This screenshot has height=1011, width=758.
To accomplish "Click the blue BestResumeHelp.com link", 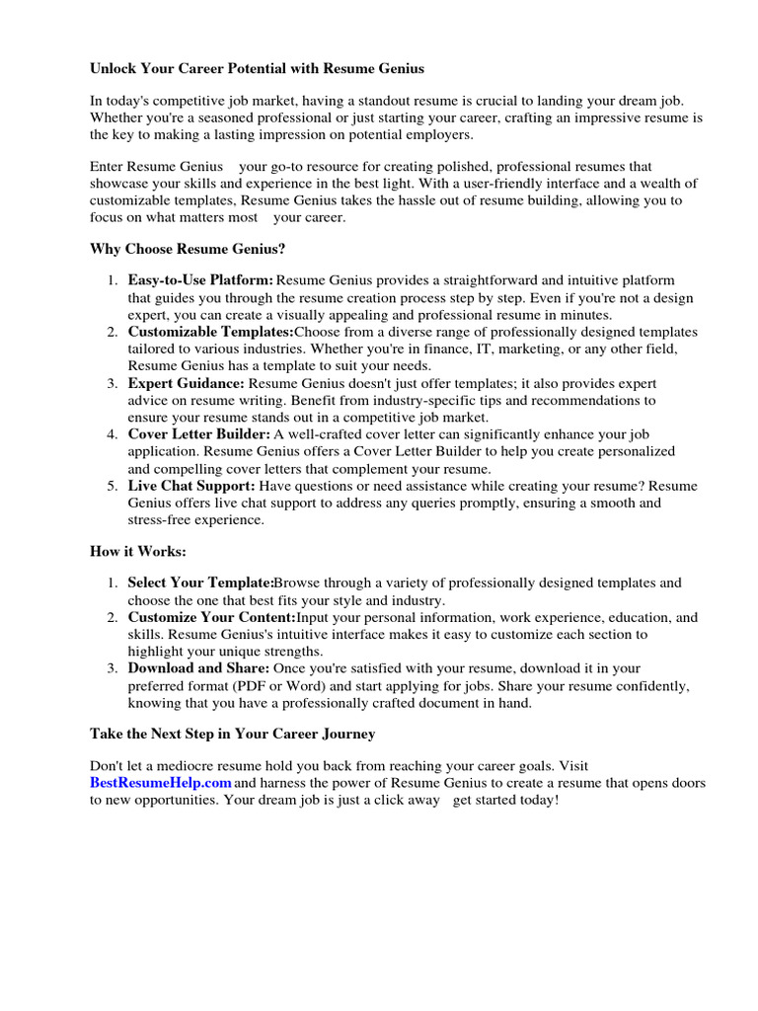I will [x=161, y=783].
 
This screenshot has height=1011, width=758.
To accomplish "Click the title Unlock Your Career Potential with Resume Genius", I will [x=258, y=69].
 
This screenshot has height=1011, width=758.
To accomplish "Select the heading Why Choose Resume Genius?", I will [x=188, y=249].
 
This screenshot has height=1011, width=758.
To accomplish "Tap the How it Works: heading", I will [x=137, y=551].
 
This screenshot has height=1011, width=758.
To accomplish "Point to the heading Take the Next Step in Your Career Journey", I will [x=232, y=734].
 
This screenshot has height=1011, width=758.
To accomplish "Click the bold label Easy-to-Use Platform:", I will [x=200, y=281].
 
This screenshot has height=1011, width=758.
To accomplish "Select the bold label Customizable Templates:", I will [x=211, y=332].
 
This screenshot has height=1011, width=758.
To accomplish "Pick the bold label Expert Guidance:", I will [x=187, y=383].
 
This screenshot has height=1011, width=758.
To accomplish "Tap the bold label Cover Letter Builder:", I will [x=198, y=434].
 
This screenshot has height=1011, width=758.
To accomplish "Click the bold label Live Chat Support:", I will [x=191, y=486].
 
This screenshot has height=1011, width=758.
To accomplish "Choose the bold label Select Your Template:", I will [x=200, y=583].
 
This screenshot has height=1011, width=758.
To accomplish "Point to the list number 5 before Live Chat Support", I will [x=112, y=486].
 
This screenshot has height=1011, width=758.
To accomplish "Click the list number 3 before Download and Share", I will [x=112, y=669].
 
